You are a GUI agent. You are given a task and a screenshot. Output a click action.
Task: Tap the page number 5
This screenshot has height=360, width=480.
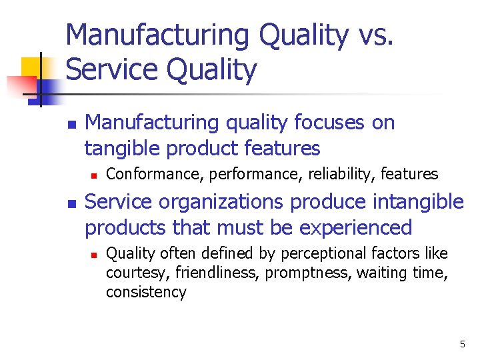coord(462,344)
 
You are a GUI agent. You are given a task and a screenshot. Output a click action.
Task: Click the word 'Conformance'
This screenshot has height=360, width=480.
coord(156,175)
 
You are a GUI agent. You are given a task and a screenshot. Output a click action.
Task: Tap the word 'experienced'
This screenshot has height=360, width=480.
coord(356,227)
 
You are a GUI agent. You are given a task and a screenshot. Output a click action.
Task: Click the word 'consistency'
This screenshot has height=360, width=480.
coord(146,292)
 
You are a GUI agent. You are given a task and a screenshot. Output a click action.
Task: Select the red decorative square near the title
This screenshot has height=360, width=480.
coord(20,87)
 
